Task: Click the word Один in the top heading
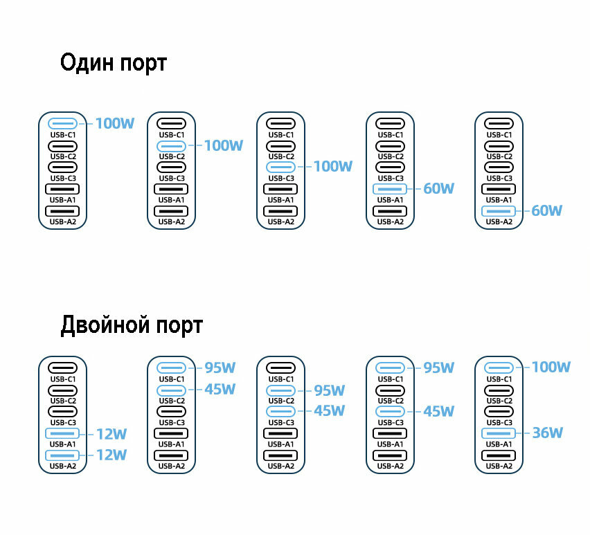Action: (87, 64)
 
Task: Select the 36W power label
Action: (547, 433)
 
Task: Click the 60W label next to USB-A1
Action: (438, 188)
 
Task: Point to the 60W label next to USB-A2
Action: (546, 210)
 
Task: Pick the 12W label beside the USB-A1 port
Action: (111, 434)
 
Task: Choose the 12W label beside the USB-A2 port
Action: (111, 455)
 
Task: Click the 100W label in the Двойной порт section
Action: (551, 368)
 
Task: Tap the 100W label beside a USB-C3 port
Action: (333, 167)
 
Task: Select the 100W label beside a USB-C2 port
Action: (224, 146)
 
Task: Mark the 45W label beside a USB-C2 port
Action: (220, 390)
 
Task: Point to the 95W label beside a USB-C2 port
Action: (329, 390)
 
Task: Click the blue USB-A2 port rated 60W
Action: (499, 210)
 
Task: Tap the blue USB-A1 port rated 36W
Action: (499, 433)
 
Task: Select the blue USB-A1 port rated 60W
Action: (390, 188)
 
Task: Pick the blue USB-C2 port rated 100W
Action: (172, 146)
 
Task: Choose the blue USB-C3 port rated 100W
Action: (280, 167)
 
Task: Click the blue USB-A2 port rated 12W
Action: (62, 455)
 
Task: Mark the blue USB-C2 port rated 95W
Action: (280, 390)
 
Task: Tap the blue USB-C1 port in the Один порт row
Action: (62, 125)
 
